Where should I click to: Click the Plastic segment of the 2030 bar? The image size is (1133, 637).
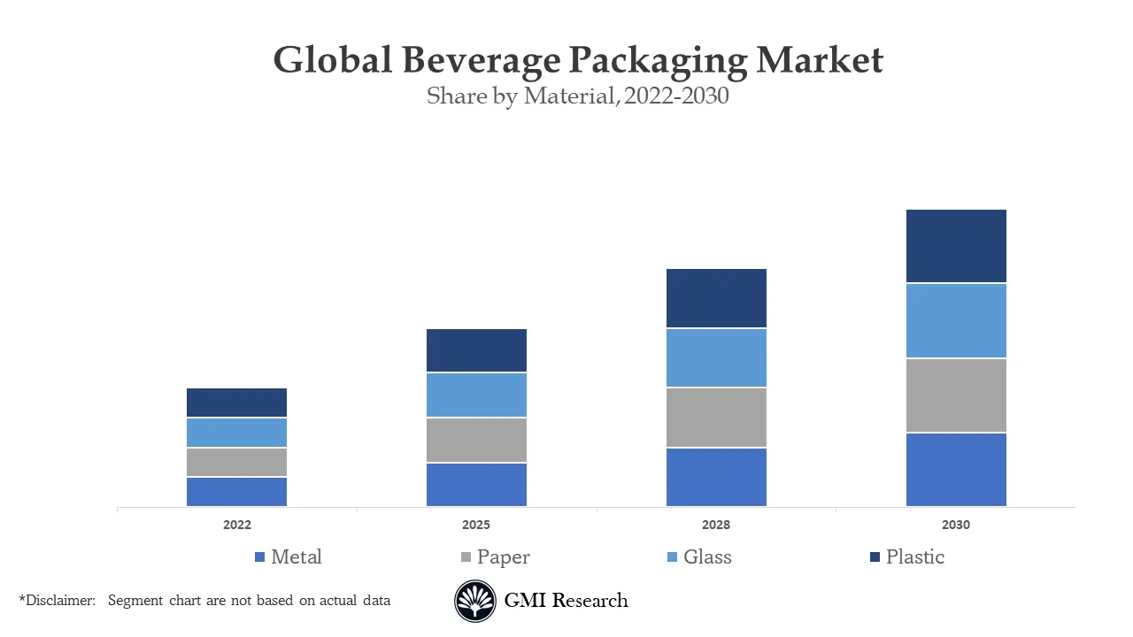pos(956,246)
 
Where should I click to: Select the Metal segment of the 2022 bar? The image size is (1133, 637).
pos(236,492)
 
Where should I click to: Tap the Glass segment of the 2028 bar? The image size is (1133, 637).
pos(716,357)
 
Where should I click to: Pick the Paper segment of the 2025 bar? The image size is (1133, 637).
pos(476,440)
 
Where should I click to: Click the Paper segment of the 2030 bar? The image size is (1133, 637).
pos(956,395)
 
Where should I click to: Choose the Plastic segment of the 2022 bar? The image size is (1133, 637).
pos(236,403)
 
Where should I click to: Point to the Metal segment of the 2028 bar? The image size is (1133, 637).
pos(716,477)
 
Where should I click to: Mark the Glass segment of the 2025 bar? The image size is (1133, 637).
pos(476,395)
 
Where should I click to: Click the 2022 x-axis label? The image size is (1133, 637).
pos(236,525)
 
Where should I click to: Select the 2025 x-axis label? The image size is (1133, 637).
pos(476,525)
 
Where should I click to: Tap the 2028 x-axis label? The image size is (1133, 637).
pos(716,525)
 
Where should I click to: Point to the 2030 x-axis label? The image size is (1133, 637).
pos(956,525)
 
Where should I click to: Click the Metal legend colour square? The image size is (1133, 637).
pos(259,557)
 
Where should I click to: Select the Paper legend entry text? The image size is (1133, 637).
pos(503,557)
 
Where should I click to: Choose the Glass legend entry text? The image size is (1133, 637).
pos(707,557)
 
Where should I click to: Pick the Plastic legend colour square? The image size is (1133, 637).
pos(875,557)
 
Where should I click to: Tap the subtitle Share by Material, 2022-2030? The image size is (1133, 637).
pos(577,96)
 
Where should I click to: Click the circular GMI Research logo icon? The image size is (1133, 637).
pos(475,602)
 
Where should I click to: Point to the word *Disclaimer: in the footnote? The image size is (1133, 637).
pos(57,601)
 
